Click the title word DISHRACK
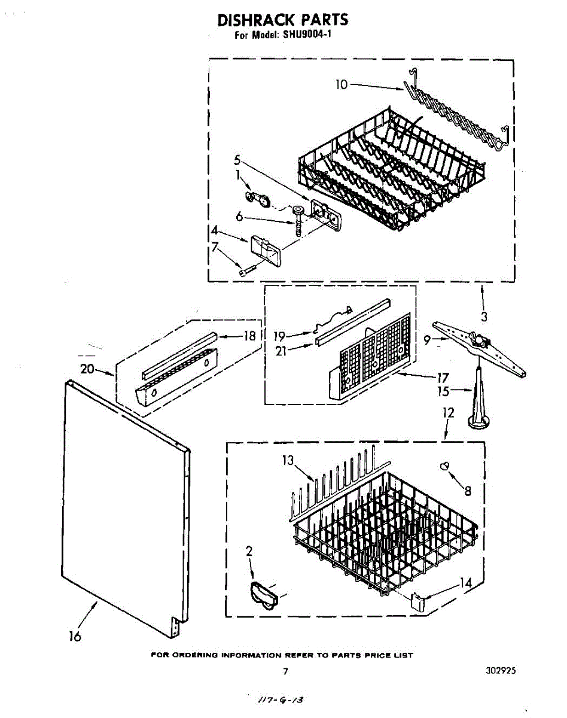[251, 20]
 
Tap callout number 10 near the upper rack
[341, 84]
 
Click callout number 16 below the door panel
[75, 637]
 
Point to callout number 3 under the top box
[484, 317]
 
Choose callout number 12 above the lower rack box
[448, 412]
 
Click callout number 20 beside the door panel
[87, 369]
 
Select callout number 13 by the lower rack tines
[289, 460]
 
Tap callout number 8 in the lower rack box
[468, 491]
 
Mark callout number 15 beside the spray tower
[443, 392]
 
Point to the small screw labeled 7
[246, 272]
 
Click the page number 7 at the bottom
[285, 671]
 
